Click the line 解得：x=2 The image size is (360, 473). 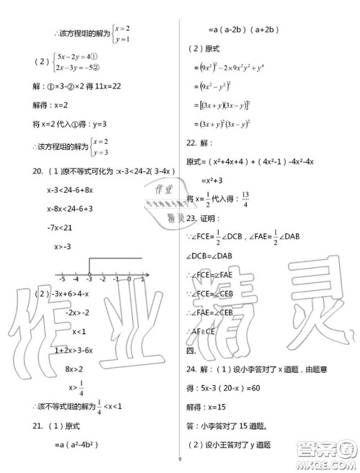coord(50,104)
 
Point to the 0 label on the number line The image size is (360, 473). coord(129,278)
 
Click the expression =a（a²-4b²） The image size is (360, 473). coord(76,446)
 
